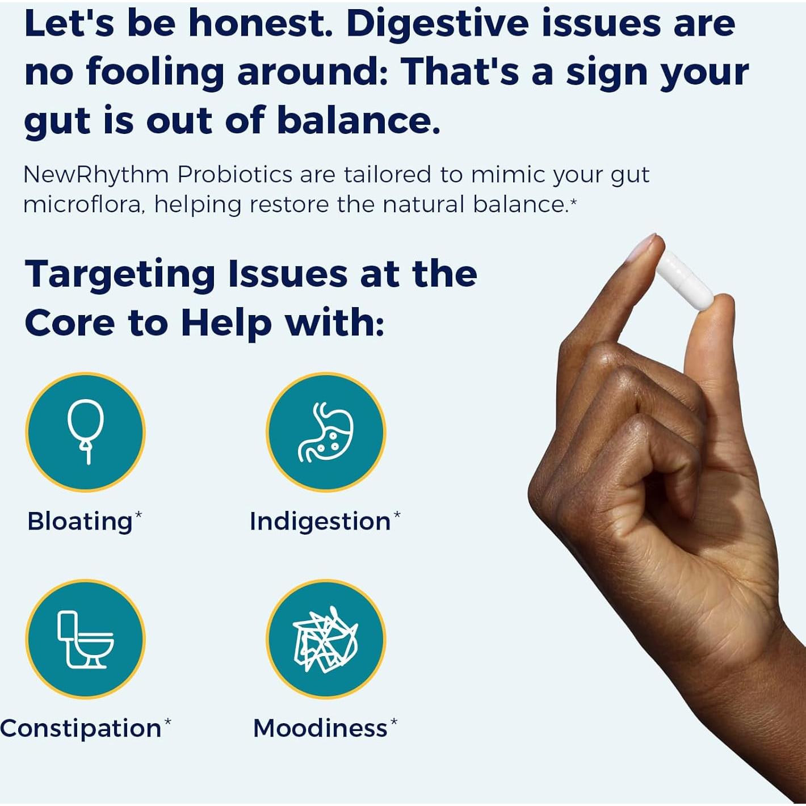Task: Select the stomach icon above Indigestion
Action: coord(325,433)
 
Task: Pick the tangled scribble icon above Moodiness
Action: coord(325,639)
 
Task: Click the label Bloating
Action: coord(80,522)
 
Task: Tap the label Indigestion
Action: coord(320,522)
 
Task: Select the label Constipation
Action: coord(81,729)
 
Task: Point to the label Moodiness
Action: coord(320,729)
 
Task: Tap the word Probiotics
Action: coord(235,174)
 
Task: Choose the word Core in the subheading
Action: coord(70,323)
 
